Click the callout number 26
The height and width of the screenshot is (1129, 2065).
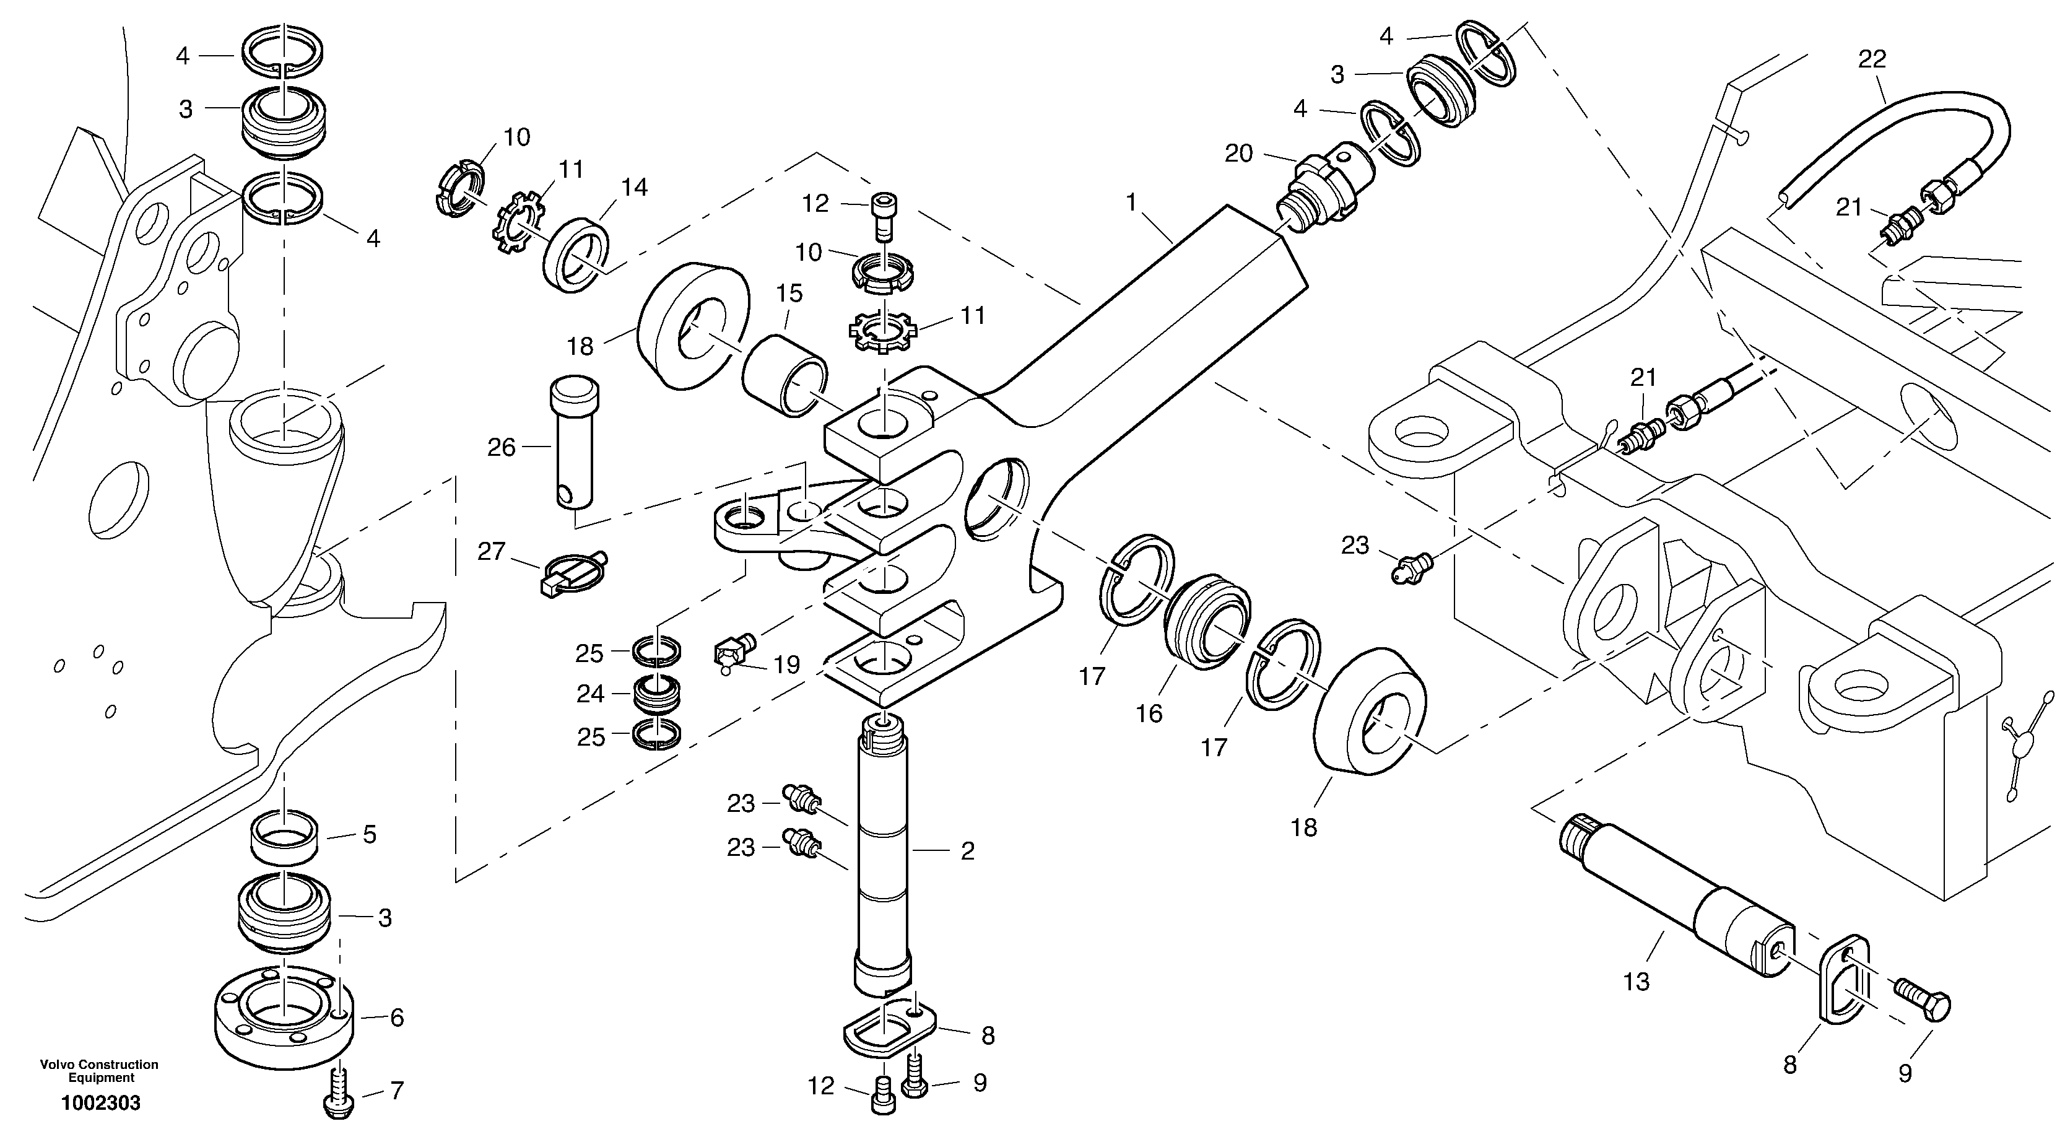click(x=501, y=447)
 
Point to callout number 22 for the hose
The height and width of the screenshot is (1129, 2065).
click(x=1872, y=59)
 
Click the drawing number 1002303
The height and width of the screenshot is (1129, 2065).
click(x=101, y=1104)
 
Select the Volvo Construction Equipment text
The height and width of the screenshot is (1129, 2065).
click(x=100, y=1070)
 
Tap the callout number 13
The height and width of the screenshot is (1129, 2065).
click(x=1636, y=982)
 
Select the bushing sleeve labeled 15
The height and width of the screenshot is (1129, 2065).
click(x=786, y=375)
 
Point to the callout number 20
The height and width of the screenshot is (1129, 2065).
click(x=1238, y=152)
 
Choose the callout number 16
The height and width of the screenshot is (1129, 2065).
click(x=1149, y=713)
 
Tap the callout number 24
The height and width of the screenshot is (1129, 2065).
click(x=590, y=694)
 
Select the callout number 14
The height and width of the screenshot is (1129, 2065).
click(x=633, y=188)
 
